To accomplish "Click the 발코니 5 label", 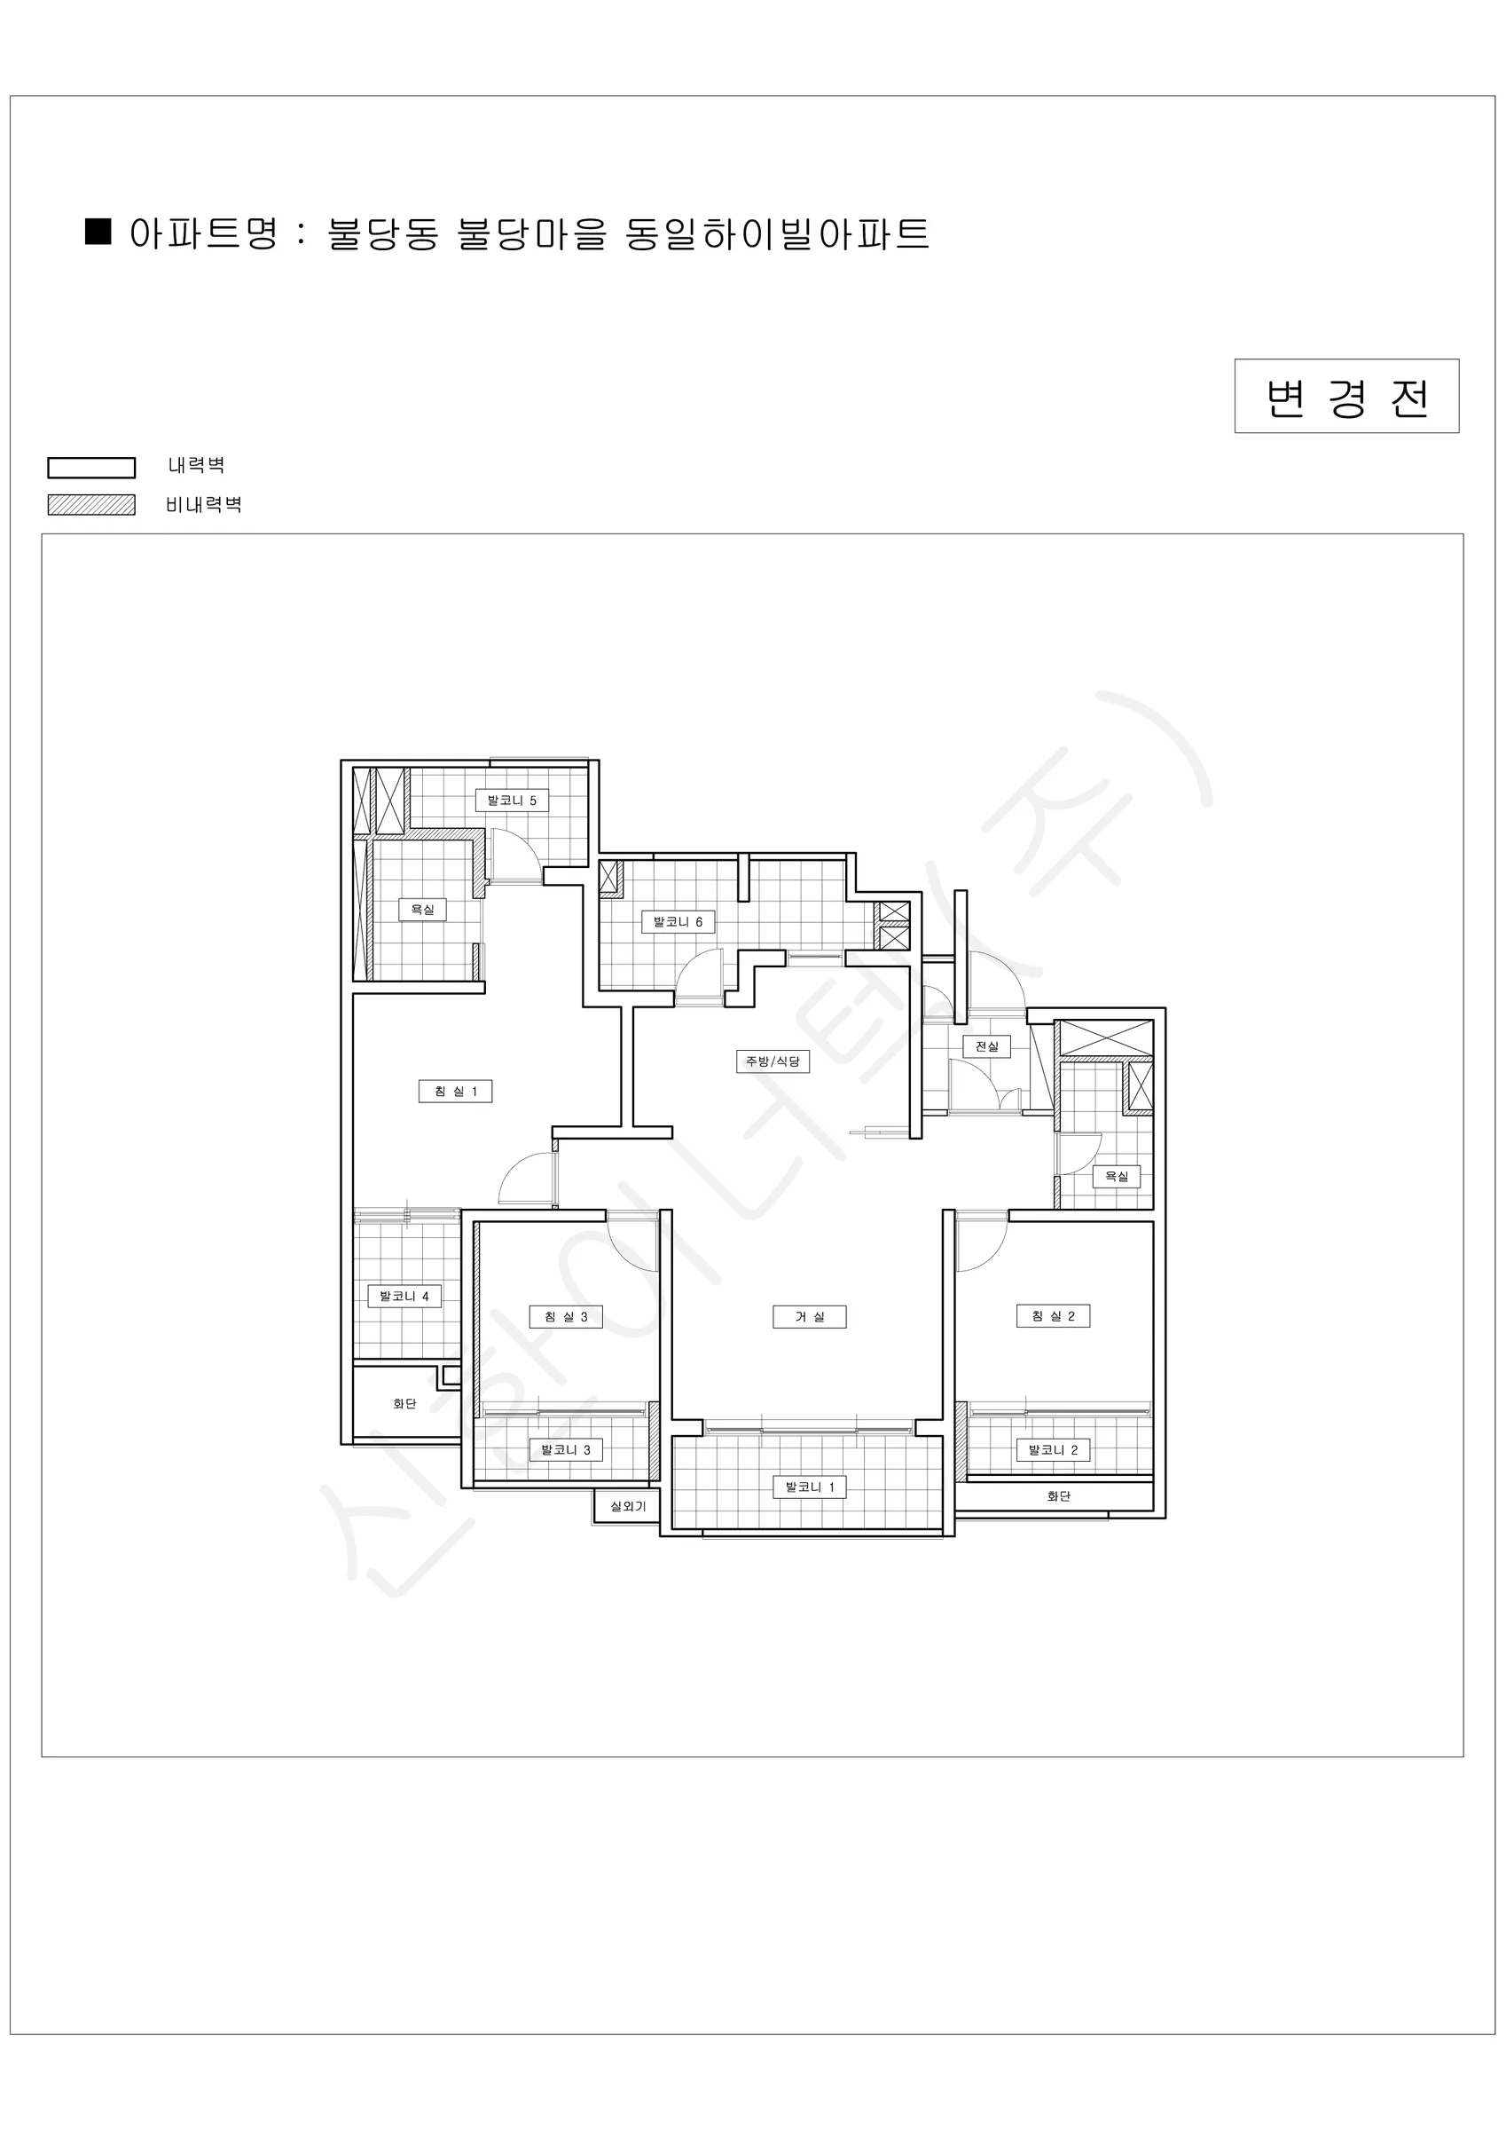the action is coord(512,801).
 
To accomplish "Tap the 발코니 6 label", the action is coord(678,922).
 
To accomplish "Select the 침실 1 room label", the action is coord(455,1092).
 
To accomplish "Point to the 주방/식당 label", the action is coord(773,1061).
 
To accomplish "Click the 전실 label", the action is coord(986,1046).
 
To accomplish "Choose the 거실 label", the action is coord(810,1316).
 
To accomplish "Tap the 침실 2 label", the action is coord(1054,1316).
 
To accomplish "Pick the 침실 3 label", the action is coord(566,1316).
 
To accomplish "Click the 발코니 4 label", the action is coord(404,1296).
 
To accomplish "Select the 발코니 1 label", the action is coord(810,1487).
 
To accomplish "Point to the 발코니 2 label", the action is coord(1054,1450).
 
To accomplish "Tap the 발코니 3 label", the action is coord(566,1450).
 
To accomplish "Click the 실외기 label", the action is coord(628,1507).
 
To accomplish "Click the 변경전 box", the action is coord(1346,396).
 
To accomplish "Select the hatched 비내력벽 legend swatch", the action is coord(92,505).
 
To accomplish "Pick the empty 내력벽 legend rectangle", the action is coord(92,468).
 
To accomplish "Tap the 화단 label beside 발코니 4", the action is coord(404,1404).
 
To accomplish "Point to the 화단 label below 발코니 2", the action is coord(1058,1496).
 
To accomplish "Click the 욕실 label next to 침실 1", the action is coord(423,910).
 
